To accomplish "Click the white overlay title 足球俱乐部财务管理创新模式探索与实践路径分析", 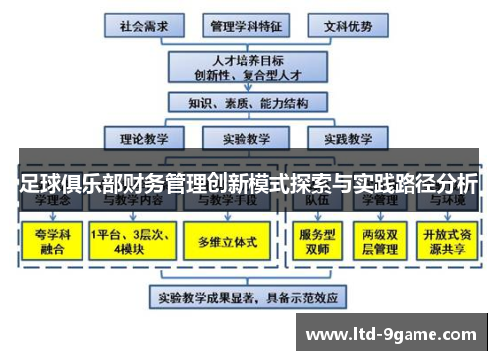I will click(248, 183).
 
